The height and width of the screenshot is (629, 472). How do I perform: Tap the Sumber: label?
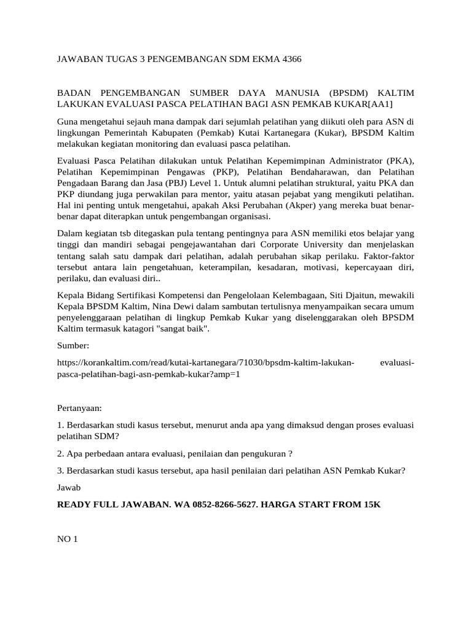pyautogui.click(x=74, y=346)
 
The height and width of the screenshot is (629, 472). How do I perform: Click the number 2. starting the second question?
pyautogui.click(x=60, y=453)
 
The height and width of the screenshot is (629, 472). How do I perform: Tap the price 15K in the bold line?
pyautogui.click(x=369, y=504)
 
